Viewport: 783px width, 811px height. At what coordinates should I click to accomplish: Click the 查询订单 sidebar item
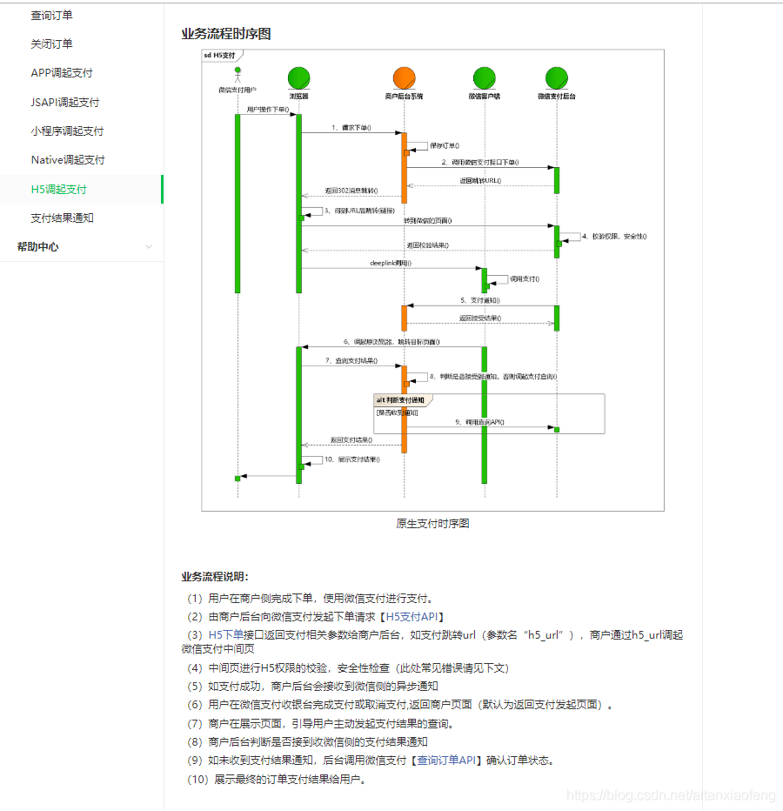coord(51,15)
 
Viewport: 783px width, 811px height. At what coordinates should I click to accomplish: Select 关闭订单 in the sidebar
coord(51,44)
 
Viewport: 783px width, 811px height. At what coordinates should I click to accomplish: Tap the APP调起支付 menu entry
coord(62,73)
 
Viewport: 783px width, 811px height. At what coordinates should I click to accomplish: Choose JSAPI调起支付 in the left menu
coord(64,102)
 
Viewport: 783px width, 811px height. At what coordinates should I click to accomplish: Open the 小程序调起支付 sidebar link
coord(67,131)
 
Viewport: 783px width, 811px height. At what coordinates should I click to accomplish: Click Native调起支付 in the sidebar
coord(68,160)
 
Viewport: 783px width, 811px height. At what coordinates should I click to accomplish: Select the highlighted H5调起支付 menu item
coord(58,189)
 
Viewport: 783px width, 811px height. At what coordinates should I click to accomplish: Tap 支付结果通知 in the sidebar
coord(62,218)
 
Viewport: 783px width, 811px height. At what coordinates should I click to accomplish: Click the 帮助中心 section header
coord(37,246)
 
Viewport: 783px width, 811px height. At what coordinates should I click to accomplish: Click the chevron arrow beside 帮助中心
coord(149,247)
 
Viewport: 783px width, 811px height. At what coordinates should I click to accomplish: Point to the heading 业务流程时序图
coord(225,34)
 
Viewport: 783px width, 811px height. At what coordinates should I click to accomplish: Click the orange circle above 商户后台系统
coord(404,77)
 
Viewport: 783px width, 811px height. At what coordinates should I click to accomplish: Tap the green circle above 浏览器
coord(298,77)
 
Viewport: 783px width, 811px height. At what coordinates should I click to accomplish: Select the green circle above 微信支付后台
coord(557,77)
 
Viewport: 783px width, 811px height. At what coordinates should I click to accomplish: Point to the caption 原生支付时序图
coord(432,523)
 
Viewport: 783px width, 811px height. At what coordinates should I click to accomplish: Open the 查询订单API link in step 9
coord(445,760)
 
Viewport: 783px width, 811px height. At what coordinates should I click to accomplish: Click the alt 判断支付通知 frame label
coord(401,399)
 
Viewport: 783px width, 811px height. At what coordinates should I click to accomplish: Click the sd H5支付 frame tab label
coord(219,55)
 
